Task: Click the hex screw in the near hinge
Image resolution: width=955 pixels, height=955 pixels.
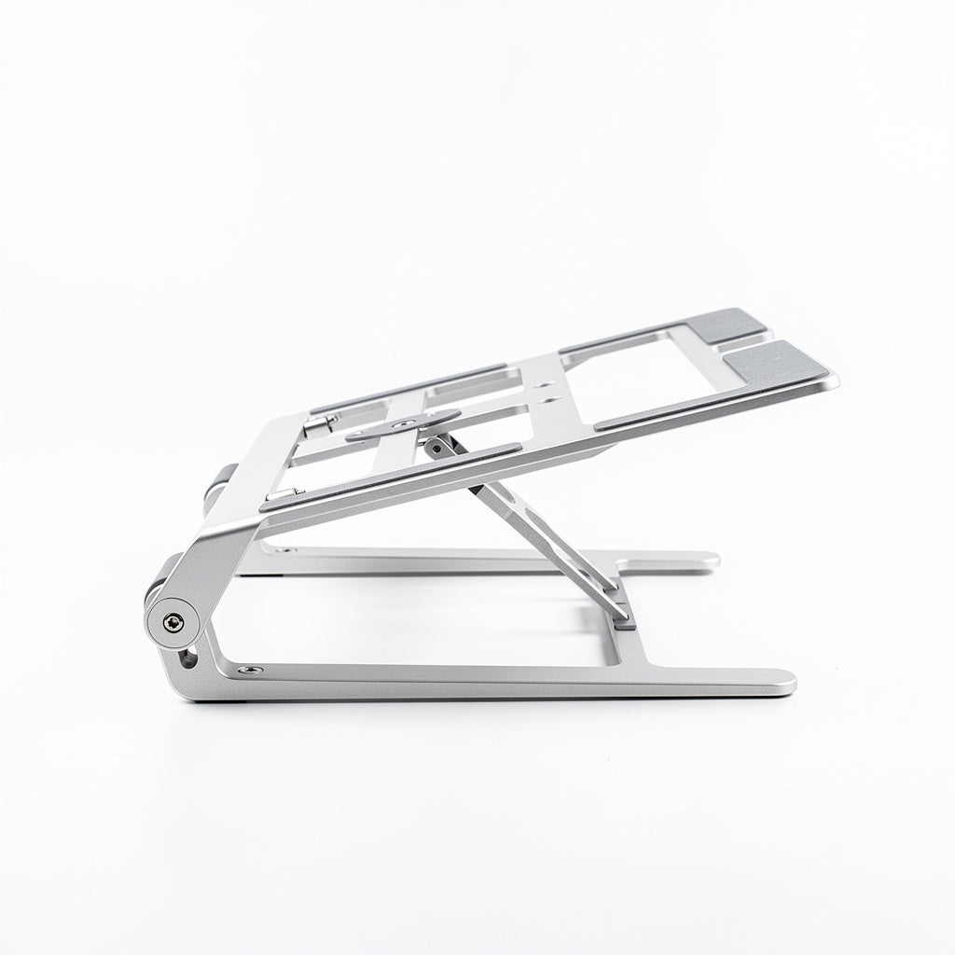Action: tap(173, 624)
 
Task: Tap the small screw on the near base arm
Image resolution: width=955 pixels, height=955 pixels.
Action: tap(249, 669)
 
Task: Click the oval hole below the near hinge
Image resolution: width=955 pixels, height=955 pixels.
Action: tap(190, 659)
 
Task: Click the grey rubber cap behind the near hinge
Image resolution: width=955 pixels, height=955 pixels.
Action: tap(155, 588)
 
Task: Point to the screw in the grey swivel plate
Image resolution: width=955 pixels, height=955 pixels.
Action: tap(404, 425)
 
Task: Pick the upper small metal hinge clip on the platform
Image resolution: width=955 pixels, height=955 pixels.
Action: tap(321, 425)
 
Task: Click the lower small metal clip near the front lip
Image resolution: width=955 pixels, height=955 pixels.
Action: tap(282, 494)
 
